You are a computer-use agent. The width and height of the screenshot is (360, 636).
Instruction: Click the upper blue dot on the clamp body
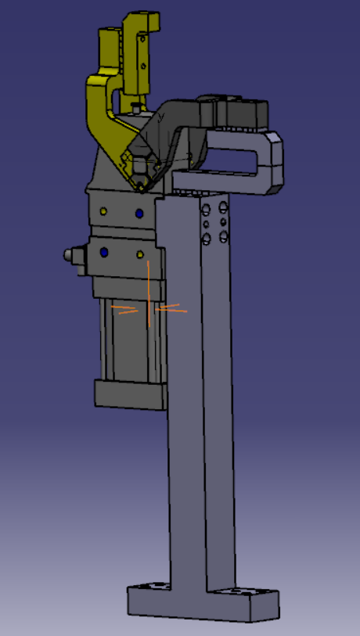point(139,212)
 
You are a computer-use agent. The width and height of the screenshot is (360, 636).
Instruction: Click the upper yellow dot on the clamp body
point(104,211)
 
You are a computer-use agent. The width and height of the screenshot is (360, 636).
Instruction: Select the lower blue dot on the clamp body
point(104,253)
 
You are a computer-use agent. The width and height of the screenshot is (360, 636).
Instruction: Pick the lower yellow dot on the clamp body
point(140,255)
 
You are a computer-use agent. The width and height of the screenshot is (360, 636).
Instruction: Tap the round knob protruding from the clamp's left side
point(73,256)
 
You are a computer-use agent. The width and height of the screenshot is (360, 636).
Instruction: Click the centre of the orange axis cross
point(148,309)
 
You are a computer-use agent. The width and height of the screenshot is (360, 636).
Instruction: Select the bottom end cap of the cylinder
point(129,393)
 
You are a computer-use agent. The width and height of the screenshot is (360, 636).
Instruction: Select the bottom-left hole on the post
point(207,239)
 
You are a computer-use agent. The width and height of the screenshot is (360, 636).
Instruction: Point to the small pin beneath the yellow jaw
point(138,102)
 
